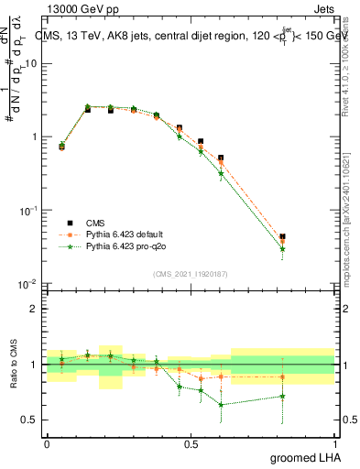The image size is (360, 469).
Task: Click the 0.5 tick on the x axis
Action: [x=191, y=444]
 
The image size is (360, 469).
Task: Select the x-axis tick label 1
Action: [x=333, y=444]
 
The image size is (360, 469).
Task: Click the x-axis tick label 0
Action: [x=47, y=444]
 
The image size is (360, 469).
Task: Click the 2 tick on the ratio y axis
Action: [x=35, y=309]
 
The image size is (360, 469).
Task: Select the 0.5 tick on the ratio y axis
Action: [x=31, y=420]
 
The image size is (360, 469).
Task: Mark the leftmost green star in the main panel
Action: [x=61, y=144]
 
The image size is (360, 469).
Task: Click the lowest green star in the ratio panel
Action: [x=221, y=404]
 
